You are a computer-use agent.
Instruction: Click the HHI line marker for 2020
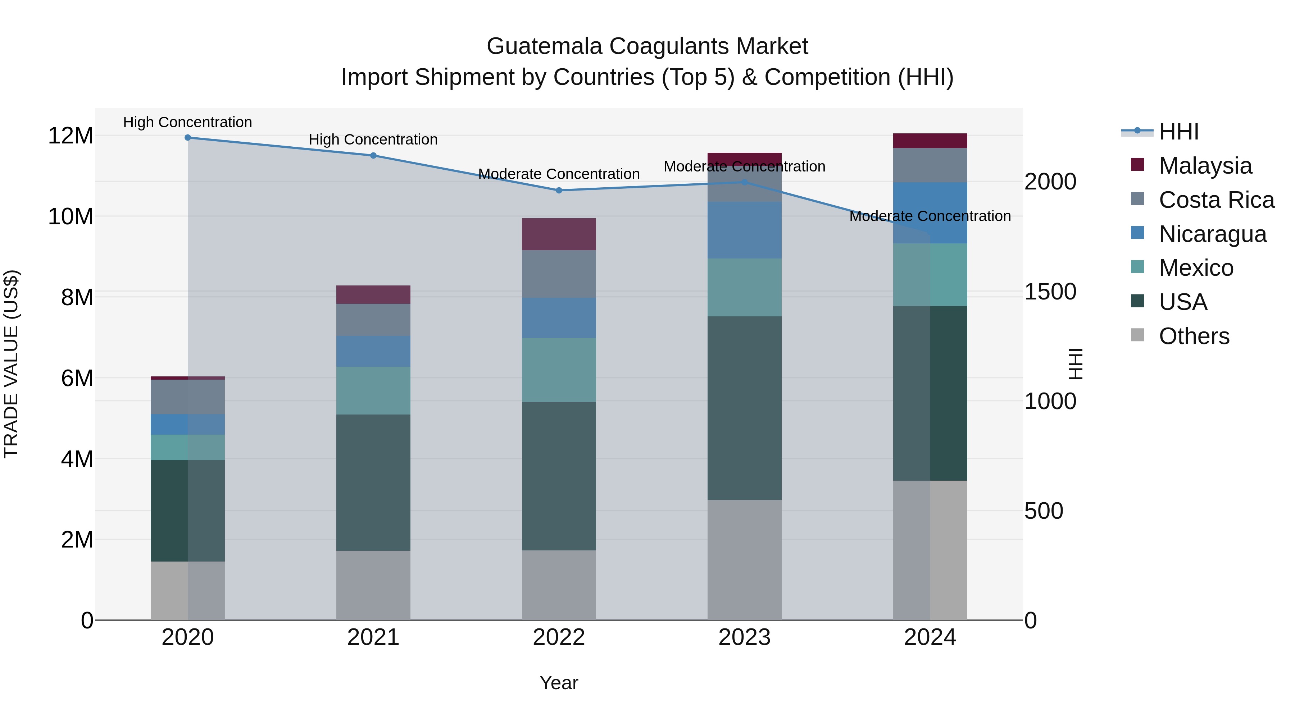(x=187, y=137)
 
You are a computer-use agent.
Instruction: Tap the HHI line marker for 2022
(x=559, y=191)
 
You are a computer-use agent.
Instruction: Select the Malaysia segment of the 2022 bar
(x=559, y=234)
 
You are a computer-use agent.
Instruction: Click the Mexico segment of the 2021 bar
(x=373, y=390)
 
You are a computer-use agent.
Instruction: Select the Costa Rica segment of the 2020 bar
(x=187, y=397)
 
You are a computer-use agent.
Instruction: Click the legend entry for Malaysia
(x=1205, y=166)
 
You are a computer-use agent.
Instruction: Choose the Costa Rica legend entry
(x=1216, y=200)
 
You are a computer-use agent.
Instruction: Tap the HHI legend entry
(x=1178, y=132)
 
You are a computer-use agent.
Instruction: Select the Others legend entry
(x=1194, y=336)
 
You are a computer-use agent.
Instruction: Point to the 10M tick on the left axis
(x=71, y=216)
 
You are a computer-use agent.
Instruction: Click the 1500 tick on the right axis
(x=1050, y=292)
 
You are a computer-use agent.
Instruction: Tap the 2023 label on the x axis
(x=744, y=637)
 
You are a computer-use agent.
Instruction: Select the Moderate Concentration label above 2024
(x=930, y=216)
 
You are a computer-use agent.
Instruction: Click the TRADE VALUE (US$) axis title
(x=12, y=364)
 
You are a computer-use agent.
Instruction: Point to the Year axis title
(x=559, y=683)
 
